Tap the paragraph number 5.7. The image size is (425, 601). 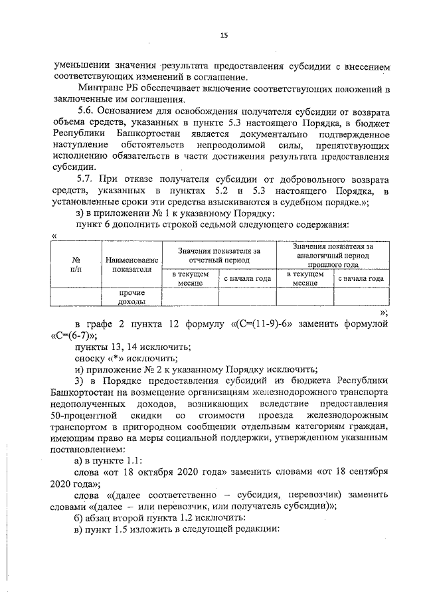88,180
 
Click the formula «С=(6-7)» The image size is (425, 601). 75,336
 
